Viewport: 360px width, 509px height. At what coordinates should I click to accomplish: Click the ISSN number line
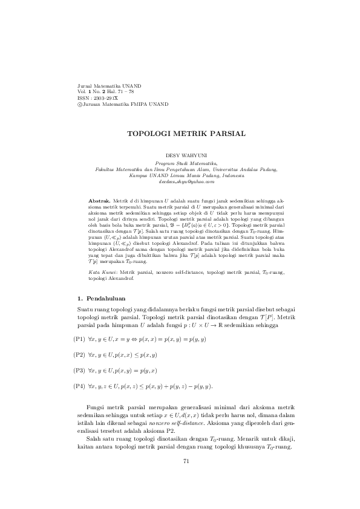point(94,98)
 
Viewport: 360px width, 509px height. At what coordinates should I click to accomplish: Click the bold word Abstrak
point(99,199)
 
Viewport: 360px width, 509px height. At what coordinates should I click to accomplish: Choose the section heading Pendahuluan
point(105,299)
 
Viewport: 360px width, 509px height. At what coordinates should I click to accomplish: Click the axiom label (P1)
point(79,340)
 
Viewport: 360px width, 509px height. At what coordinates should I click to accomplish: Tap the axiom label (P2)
point(79,355)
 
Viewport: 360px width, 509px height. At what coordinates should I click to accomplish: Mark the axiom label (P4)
point(79,386)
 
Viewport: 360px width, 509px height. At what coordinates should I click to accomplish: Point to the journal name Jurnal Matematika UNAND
point(106,86)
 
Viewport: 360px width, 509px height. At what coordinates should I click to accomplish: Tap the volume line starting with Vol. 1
point(102,92)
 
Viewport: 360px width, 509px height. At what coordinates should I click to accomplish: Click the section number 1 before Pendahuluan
point(80,299)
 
